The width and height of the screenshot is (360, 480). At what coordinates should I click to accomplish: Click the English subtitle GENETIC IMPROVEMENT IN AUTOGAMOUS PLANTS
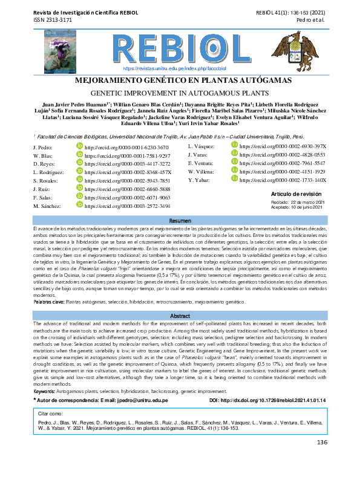coord(180,93)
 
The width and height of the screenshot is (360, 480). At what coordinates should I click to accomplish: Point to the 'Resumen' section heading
coord(180,221)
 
